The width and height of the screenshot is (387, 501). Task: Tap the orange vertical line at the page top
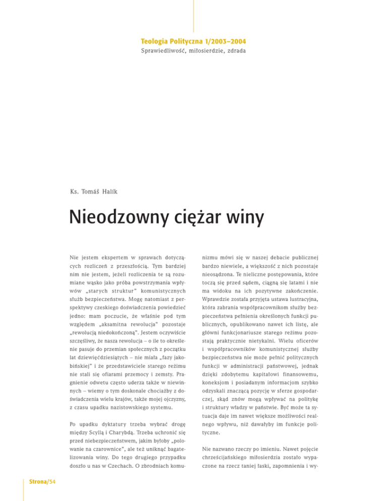click(193, 15)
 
